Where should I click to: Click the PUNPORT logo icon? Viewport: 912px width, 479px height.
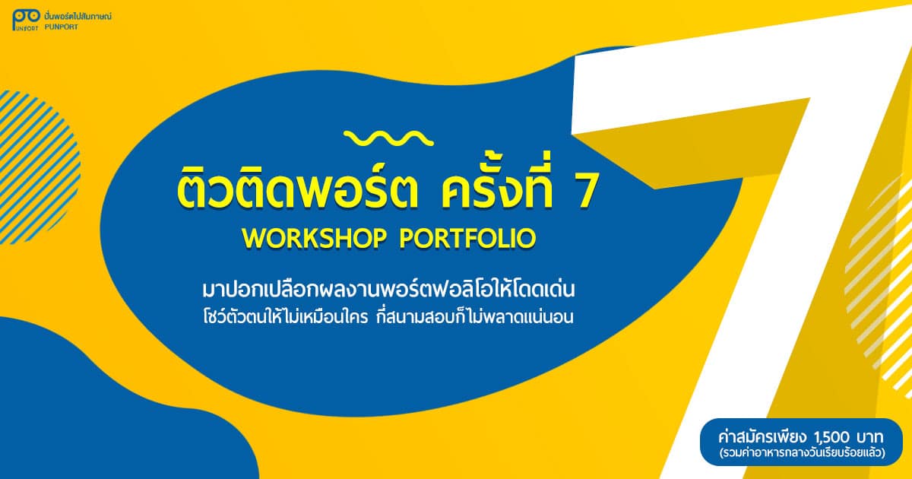(x=26, y=20)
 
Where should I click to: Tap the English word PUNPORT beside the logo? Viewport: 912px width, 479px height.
(x=61, y=27)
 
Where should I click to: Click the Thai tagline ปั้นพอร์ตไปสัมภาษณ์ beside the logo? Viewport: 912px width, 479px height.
(x=78, y=16)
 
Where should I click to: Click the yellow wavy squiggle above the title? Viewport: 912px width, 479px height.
(x=388, y=138)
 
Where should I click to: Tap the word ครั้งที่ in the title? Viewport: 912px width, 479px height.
(x=497, y=185)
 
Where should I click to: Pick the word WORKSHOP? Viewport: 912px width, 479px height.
(x=314, y=238)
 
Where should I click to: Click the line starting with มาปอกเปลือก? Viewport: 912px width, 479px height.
(x=388, y=289)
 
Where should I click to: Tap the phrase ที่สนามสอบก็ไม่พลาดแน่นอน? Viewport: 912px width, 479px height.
(x=475, y=316)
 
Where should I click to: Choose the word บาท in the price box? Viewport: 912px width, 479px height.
(x=869, y=438)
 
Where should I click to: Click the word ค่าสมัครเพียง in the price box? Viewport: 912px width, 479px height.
(x=762, y=437)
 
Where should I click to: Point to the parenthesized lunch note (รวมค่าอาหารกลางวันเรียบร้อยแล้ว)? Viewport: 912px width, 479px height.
(x=802, y=452)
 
